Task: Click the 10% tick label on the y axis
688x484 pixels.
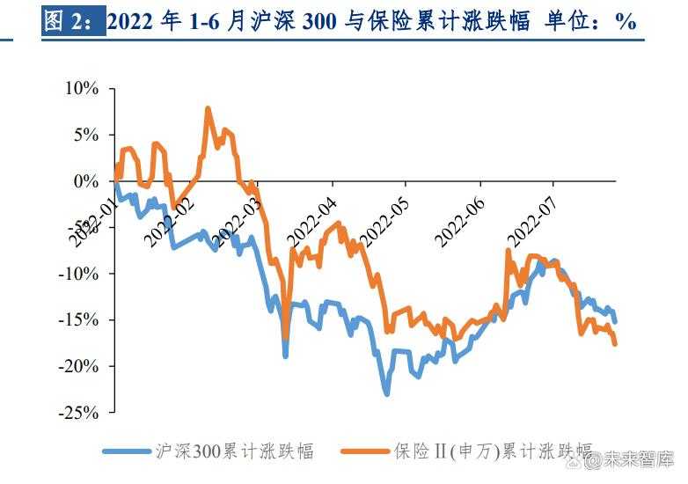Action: [82, 89]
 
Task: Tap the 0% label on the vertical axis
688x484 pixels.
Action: [86, 181]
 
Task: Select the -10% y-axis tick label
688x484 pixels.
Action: [79, 274]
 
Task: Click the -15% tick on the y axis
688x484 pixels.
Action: [79, 319]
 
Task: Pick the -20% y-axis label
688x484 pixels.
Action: [79, 365]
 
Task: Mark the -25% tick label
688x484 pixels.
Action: [79, 412]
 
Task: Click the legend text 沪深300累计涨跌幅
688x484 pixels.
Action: [233, 451]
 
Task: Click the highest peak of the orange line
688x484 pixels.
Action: [208, 109]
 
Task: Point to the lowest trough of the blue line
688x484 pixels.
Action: [386, 393]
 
